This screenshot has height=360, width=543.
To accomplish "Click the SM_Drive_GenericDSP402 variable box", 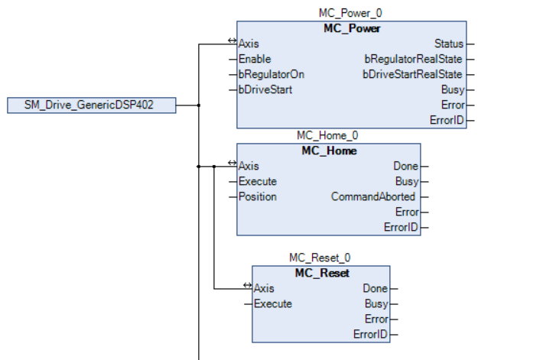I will pos(92,105).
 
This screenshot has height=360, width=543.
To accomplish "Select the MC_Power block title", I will pos(351,28).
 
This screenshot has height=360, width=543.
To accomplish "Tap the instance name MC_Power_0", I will pos(351,14).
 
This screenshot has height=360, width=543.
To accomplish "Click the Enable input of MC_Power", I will pos(255,59).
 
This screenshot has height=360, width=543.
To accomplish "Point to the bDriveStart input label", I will pos(265,89).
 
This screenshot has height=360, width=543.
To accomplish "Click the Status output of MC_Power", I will pos(448,44).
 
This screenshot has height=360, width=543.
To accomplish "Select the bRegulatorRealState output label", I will pos(414,59).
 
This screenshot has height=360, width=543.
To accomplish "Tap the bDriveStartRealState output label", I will pos(413,74).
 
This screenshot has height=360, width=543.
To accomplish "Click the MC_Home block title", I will pos(328,151).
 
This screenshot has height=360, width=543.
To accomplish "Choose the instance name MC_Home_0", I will pos(328,136).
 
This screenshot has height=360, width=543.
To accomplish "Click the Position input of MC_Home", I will pos(258,196).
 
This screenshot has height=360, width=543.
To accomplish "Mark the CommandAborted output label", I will pos(374,196).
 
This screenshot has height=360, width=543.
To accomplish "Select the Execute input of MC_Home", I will pos(258,181).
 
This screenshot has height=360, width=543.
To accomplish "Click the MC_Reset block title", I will pos(320,273).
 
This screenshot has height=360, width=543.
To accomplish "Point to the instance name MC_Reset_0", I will pos(320,258).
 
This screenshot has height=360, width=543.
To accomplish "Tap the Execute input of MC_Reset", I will pos(273,303).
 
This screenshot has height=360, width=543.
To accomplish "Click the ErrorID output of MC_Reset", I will pos(371,334).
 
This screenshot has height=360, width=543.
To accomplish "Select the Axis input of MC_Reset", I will pos(264,288).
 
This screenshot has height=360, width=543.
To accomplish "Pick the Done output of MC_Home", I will pos(405,166).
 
